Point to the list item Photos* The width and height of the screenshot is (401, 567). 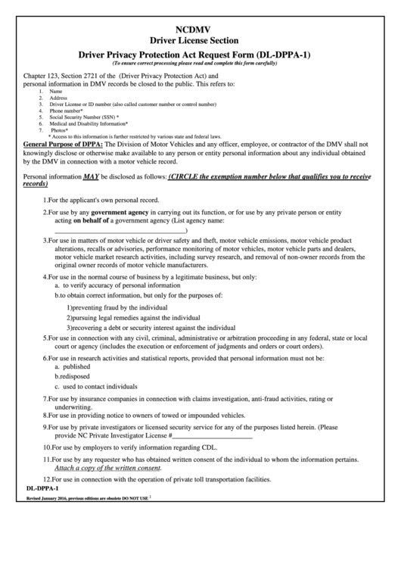pos(61,129)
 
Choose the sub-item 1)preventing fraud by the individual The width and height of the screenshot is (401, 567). pos(117,307)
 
